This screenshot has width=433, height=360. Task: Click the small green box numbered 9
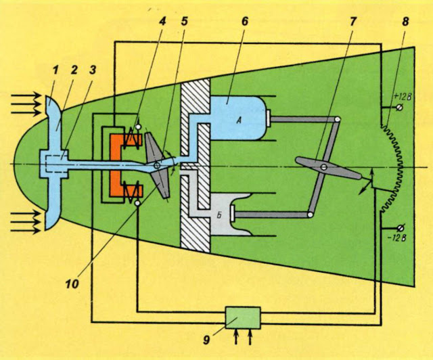pyautogui.click(x=243, y=316)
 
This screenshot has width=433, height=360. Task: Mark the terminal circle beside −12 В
pyautogui.click(x=401, y=226)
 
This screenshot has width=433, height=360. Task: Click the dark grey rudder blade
pyautogui.click(x=325, y=168)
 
